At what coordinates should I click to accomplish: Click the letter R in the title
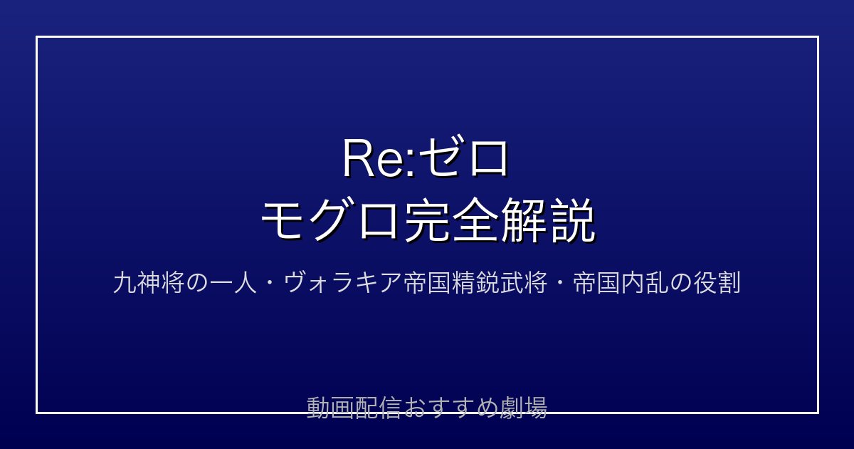click(359, 158)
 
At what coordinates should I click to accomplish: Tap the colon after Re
click(411, 165)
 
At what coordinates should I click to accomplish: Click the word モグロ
click(330, 221)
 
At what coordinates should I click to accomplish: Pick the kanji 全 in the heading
click(475, 221)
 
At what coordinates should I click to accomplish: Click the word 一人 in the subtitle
click(233, 282)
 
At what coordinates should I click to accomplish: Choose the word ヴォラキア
click(342, 282)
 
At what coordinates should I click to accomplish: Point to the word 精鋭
click(474, 282)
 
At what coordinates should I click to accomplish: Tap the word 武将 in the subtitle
click(522, 282)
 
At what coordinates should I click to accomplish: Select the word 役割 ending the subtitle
click(717, 282)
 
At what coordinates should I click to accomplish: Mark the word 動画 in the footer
click(330, 408)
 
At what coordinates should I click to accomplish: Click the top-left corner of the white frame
click(36, 36)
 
